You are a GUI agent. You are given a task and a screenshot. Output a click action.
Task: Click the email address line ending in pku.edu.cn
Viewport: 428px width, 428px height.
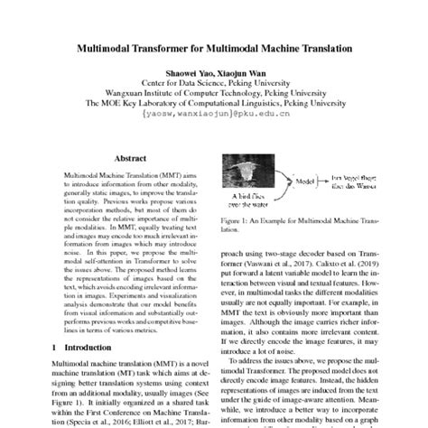pyautogui.click(x=213, y=116)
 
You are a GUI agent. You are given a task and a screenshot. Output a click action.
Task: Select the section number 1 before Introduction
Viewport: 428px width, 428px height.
pyautogui.click(x=54, y=346)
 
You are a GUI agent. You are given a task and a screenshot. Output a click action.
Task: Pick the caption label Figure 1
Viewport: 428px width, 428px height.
pyautogui.click(x=241, y=221)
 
